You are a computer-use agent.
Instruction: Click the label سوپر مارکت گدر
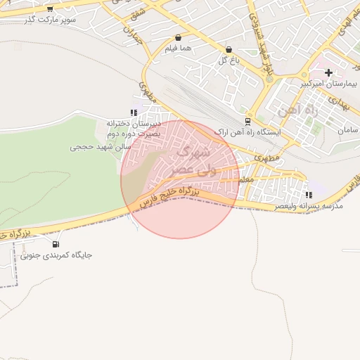[50, 20]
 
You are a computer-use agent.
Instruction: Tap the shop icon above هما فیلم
[177, 37]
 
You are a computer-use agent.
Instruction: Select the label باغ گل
[229, 61]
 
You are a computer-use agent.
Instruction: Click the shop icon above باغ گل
[229, 50]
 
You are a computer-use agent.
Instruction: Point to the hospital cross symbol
[328, 72]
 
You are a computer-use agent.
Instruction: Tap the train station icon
[247, 120]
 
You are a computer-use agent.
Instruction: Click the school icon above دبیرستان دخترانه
[133, 112]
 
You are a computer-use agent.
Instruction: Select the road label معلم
[245, 181]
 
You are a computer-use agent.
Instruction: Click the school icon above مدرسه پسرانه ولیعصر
[308, 195]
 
